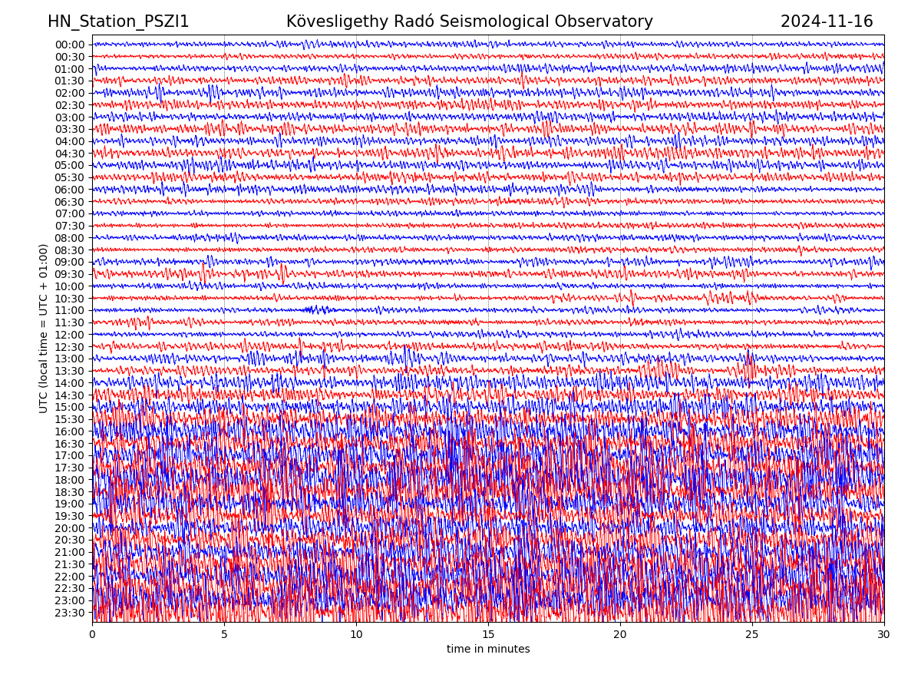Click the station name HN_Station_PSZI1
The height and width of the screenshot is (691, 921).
(x=118, y=21)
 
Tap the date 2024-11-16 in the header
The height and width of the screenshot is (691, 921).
(x=827, y=21)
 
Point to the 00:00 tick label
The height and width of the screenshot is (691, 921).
(x=70, y=45)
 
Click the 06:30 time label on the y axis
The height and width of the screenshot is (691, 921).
(x=70, y=202)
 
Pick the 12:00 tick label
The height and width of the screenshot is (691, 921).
(x=70, y=335)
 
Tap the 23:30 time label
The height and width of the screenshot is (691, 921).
(x=70, y=613)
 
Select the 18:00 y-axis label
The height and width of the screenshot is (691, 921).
(x=70, y=480)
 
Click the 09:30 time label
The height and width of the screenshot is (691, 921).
(x=70, y=274)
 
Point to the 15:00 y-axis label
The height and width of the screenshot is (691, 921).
(x=70, y=408)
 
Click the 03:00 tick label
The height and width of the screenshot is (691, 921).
(x=70, y=117)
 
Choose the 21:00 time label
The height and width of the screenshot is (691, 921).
(x=70, y=553)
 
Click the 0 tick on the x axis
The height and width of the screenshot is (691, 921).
(x=92, y=635)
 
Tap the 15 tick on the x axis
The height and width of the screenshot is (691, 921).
(x=488, y=635)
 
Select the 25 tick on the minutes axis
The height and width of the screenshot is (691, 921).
(x=752, y=635)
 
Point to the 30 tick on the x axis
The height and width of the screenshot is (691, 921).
(x=884, y=635)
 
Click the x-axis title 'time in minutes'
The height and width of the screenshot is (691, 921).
(x=488, y=650)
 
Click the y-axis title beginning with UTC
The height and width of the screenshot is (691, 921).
(x=44, y=329)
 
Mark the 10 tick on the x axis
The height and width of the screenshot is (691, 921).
(x=356, y=635)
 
